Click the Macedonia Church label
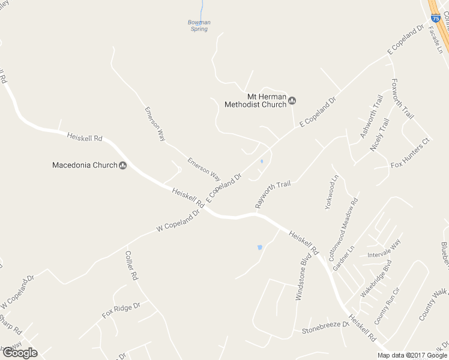pos(85,165)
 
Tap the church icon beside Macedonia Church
pos(123,166)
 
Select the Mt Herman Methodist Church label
pos(255,100)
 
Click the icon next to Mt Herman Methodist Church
pos(292,100)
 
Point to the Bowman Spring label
pos(199,25)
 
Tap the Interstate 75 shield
pos(436,19)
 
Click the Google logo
pos(20,353)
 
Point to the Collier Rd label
pos(131,266)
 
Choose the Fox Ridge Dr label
pos(121,310)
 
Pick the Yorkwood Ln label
pos(332,191)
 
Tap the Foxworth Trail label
pos(403,98)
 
